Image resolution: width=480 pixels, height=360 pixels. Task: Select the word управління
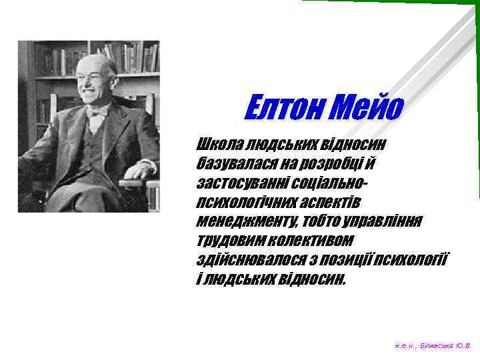[386, 221]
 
